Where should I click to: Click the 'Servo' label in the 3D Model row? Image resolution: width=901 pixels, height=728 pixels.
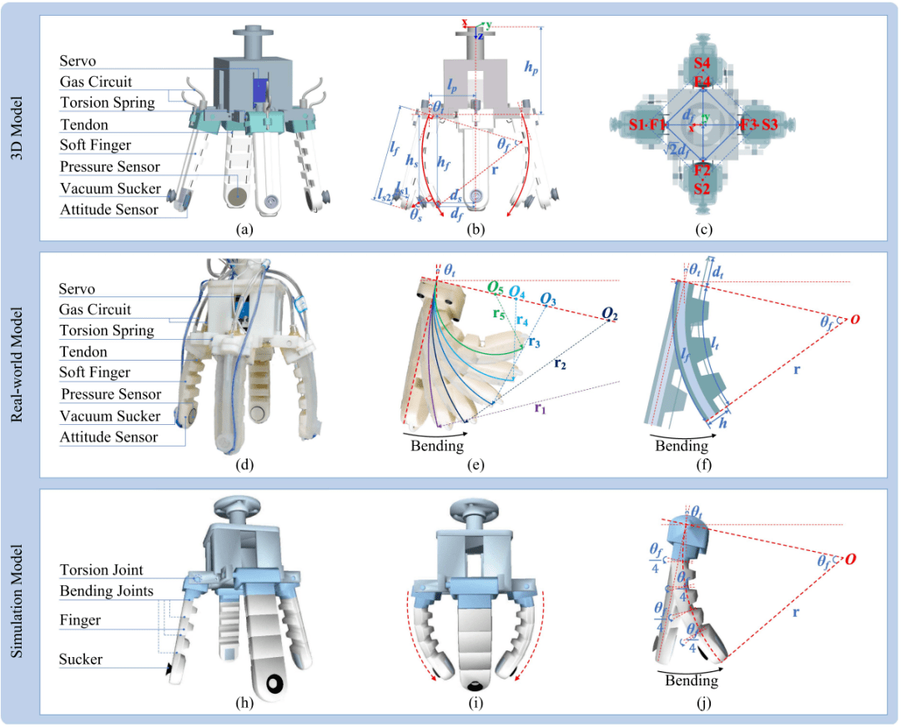[x=78, y=62]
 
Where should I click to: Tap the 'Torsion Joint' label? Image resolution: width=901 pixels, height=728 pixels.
[x=101, y=570]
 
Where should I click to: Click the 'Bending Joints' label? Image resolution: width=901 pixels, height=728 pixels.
[x=107, y=591]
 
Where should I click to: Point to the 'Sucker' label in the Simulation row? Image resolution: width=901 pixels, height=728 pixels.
[x=80, y=659]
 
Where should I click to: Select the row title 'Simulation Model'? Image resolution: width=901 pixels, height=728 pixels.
[x=18, y=601]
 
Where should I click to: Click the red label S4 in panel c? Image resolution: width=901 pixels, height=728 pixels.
[x=703, y=63]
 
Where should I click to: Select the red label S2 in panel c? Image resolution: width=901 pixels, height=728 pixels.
[x=703, y=189]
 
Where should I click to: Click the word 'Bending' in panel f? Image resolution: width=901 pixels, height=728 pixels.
[x=681, y=446]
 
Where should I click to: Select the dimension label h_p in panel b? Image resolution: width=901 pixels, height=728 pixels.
[x=555, y=70]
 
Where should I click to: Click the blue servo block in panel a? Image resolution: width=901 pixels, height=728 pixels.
[x=260, y=90]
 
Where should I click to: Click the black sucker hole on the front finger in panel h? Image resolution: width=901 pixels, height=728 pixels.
[x=273, y=684]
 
